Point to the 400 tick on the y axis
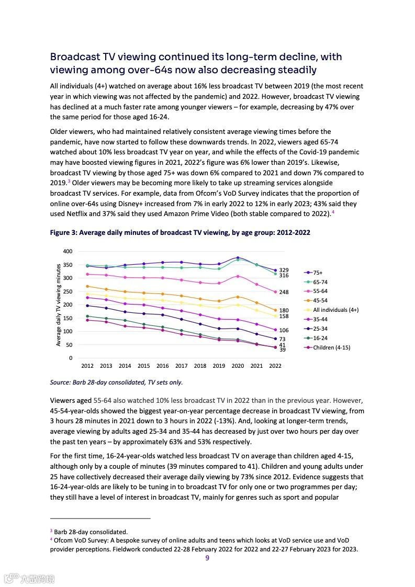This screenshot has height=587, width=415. (x=68, y=251)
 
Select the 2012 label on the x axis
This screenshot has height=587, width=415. (x=87, y=366)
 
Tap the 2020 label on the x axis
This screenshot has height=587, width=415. (x=238, y=366)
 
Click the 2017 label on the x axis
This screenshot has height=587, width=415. (x=181, y=366)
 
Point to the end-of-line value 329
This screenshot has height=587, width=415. (x=284, y=270)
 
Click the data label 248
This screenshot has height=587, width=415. (x=284, y=292)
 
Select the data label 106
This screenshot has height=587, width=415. (x=284, y=331)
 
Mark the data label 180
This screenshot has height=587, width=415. (x=284, y=310)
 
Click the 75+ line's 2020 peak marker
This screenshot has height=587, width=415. (x=238, y=258)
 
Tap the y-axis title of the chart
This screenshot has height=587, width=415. (x=59, y=305)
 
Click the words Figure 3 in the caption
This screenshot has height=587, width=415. (x=63, y=233)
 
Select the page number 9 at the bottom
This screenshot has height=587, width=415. (x=207, y=558)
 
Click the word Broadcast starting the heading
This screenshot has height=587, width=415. (x=75, y=57)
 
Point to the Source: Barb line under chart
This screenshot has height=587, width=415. (x=116, y=382)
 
